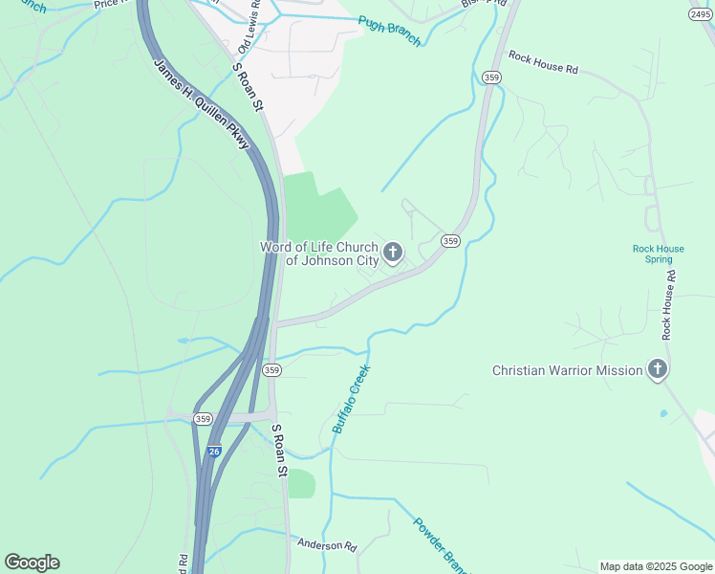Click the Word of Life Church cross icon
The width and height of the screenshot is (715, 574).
pos(392,253)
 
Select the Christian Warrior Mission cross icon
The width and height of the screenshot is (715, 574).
pos(657,369)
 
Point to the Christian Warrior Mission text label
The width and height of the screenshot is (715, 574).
pos(567,370)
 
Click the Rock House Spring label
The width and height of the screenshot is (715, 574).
pos(658,254)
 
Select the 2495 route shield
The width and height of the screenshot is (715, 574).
pos(701,14)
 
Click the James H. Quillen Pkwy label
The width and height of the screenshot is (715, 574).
pos(202,103)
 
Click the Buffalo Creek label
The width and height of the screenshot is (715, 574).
pos(350,398)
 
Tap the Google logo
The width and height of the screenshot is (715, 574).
pos(32,563)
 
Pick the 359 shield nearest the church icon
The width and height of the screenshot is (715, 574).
pos(450,241)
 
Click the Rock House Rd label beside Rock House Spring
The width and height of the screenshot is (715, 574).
pos(668,303)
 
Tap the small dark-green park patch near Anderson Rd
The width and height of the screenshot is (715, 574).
pos(301,484)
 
